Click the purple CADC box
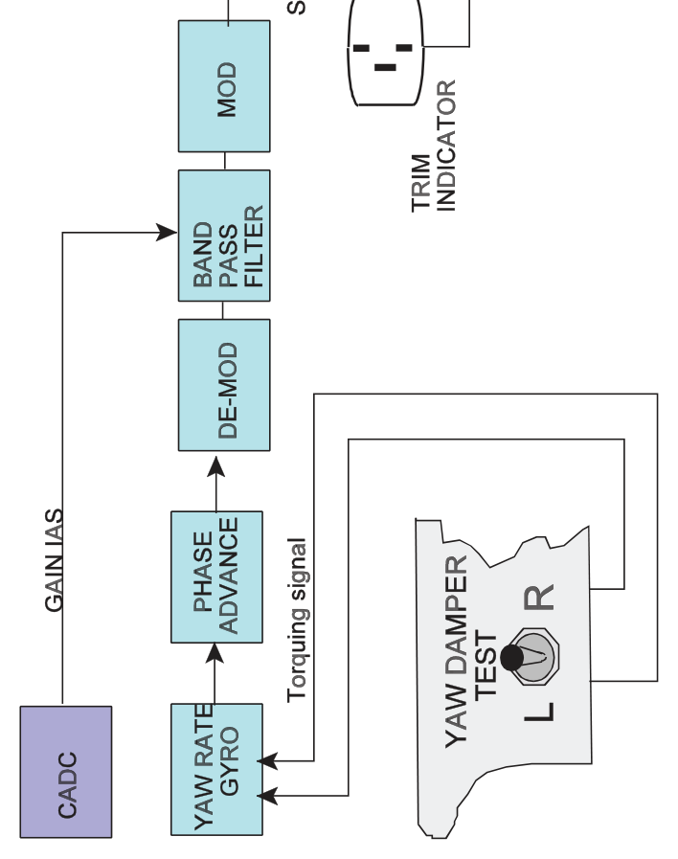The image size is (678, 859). (x=66, y=771)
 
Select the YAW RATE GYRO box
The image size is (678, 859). (x=216, y=769)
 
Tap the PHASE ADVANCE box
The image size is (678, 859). (x=216, y=576)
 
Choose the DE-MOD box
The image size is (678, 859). (x=224, y=385)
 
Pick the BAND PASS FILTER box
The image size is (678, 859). (x=224, y=236)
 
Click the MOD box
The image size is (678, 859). (x=224, y=86)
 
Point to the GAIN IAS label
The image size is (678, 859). (x=54, y=560)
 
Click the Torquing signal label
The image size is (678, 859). (x=298, y=621)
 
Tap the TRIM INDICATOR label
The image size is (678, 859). (x=433, y=147)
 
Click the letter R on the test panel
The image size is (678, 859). (x=539, y=598)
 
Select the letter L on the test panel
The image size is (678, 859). (x=539, y=712)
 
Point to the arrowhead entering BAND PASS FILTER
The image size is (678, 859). (x=167, y=233)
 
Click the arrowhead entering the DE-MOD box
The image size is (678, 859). (x=216, y=466)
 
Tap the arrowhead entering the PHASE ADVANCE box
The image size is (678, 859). (x=215, y=653)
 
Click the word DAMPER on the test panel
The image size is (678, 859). (x=456, y=615)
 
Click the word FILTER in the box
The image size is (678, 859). (x=254, y=246)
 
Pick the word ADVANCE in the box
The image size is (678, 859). (x=228, y=576)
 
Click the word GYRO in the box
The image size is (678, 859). (x=229, y=761)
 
